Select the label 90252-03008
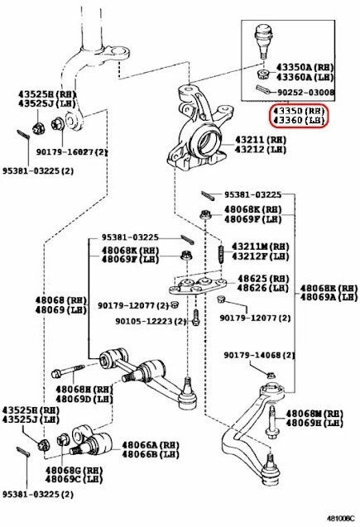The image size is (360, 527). pyautogui.click(x=305, y=93)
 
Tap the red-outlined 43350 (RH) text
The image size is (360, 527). pyautogui.click(x=294, y=110)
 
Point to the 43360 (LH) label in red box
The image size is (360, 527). pyautogui.click(x=294, y=120)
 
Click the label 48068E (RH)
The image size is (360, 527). pyautogui.click(x=329, y=285)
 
